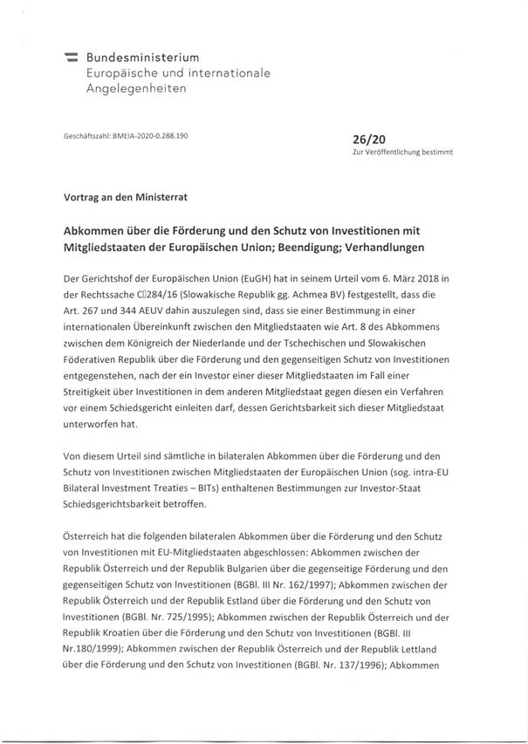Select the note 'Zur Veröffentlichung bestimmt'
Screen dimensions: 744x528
pos(402,152)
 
